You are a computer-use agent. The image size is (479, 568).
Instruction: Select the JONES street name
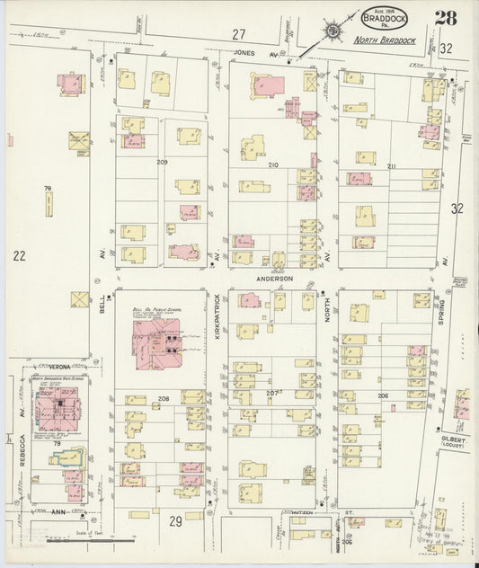pos(244,54)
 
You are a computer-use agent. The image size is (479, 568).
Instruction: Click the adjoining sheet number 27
pos(237,34)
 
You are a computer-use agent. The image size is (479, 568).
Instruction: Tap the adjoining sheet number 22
pos(19,256)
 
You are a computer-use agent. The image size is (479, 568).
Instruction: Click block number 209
pos(163,162)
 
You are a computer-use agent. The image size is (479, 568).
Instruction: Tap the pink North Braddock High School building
pos(58,412)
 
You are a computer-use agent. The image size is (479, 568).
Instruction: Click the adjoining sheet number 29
pos(176,521)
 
